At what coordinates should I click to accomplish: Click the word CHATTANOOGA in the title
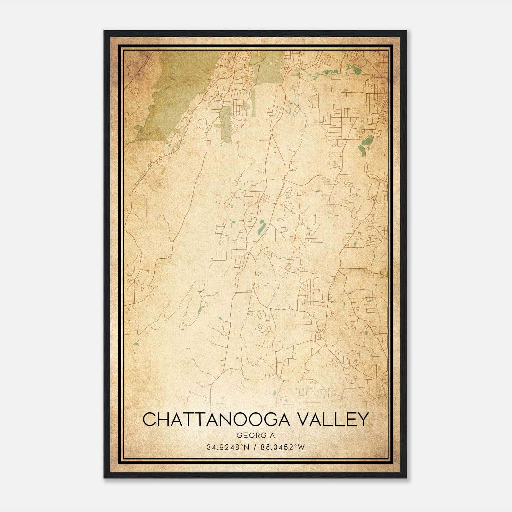click(216, 420)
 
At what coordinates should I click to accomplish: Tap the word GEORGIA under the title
click(255, 436)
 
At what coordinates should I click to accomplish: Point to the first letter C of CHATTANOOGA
click(149, 420)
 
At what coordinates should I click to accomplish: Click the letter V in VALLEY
click(302, 420)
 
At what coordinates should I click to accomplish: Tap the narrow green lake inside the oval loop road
click(201, 308)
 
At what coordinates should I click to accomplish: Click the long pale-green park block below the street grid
click(226, 125)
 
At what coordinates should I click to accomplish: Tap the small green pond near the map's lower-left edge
click(136, 344)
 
